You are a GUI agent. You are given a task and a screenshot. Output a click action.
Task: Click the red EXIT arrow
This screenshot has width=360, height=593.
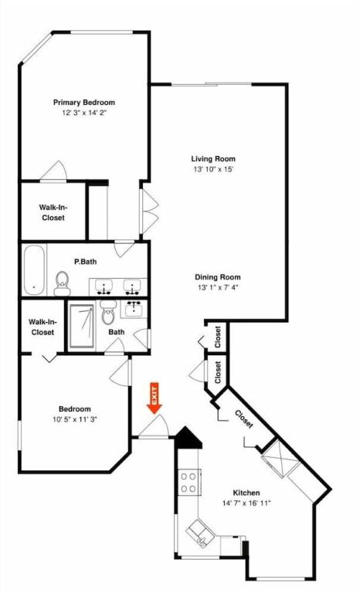(155, 398)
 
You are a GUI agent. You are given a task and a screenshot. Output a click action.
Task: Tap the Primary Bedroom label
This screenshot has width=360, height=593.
(84, 103)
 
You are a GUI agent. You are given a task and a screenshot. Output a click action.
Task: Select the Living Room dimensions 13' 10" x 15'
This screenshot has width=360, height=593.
(213, 169)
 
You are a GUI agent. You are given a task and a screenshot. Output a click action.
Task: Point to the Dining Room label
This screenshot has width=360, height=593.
(218, 277)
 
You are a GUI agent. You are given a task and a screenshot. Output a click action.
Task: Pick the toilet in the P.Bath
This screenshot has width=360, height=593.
(62, 283)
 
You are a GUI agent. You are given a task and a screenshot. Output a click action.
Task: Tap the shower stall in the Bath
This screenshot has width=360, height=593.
(81, 326)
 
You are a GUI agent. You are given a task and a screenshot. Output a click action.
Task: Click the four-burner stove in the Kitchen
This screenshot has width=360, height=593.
(188, 481)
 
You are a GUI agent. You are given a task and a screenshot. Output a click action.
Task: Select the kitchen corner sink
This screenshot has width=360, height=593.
(198, 533)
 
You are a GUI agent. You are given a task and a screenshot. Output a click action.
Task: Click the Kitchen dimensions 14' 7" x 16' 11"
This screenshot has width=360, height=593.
(246, 503)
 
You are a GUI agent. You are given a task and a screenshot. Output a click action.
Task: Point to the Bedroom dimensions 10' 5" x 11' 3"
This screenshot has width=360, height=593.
(75, 419)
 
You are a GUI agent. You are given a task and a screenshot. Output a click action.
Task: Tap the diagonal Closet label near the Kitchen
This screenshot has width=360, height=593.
(244, 419)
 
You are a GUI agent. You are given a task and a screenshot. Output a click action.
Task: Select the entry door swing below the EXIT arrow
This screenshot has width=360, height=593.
(153, 426)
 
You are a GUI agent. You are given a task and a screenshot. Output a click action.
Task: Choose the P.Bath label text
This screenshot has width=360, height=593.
(85, 262)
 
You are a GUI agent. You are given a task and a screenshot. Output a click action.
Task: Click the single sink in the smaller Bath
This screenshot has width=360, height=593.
(134, 310)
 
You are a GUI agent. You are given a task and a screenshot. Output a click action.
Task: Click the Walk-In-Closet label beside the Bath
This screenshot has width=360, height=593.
(42, 327)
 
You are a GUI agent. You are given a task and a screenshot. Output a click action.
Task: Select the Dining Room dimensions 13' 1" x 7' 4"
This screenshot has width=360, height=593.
(218, 287)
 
